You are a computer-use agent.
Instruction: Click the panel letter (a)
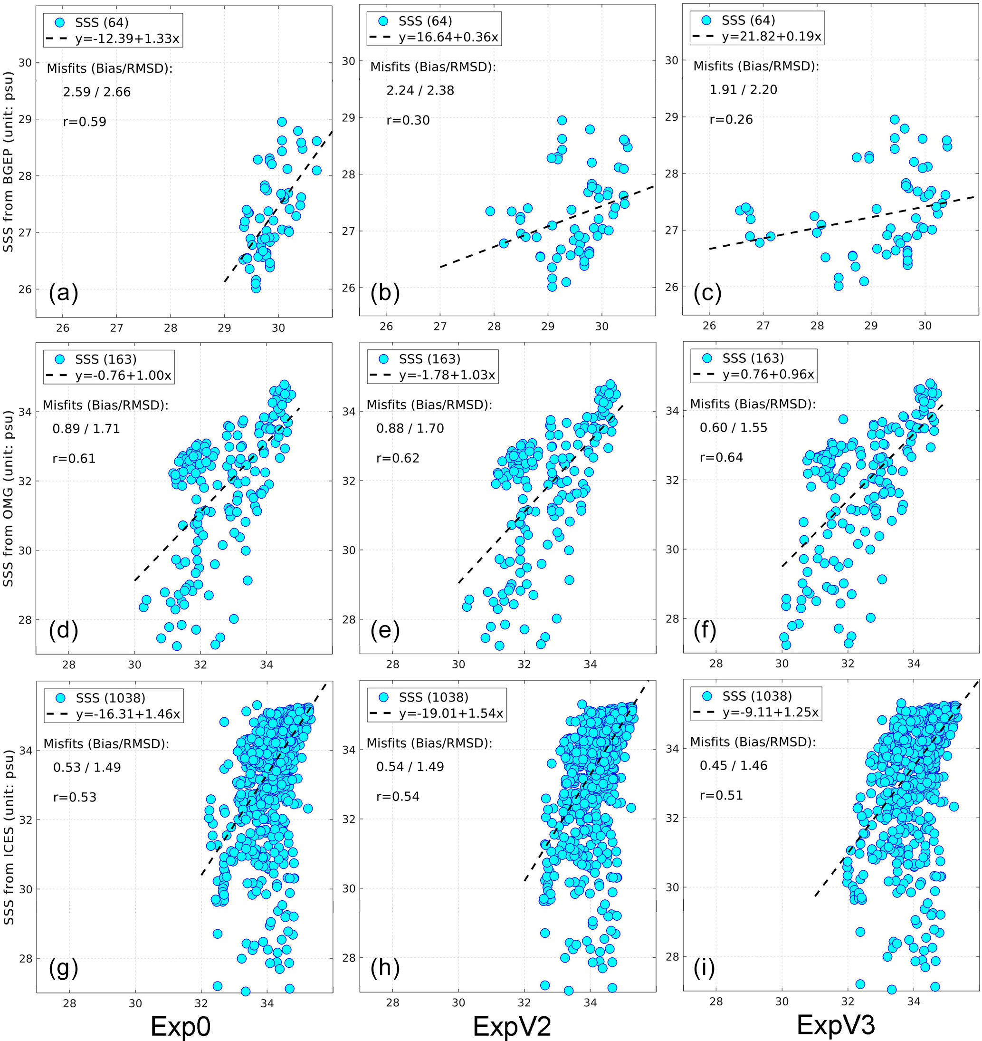(x=63, y=293)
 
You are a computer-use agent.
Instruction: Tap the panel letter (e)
(x=385, y=630)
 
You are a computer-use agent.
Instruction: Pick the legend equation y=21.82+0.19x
(x=772, y=37)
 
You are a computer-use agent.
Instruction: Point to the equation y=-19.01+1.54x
(x=451, y=713)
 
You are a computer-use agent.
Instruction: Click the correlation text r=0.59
(x=84, y=122)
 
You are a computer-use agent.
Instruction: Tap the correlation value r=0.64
(x=721, y=458)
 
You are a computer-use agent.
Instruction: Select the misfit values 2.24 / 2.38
(x=420, y=91)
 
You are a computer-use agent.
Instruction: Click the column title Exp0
(x=181, y=1026)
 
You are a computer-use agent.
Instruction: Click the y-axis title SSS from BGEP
(x=9, y=162)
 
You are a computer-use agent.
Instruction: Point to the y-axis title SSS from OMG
(x=9, y=498)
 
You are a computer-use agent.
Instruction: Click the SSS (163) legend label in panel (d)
(x=106, y=359)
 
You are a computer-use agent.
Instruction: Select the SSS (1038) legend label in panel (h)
(x=433, y=697)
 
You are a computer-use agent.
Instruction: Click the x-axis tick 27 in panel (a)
(x=116, y=328)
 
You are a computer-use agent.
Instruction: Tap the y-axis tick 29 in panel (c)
(x=671, y=117)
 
